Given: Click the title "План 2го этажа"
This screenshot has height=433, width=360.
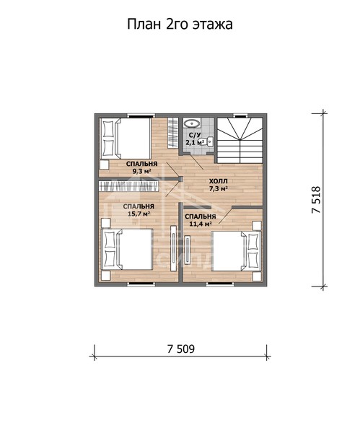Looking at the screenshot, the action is pos(180,25).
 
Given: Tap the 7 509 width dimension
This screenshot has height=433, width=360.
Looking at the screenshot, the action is pos(181,349).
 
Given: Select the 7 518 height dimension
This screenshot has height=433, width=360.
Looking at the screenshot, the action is pos(316,200).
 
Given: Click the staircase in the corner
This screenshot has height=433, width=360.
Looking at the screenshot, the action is pos(240,141).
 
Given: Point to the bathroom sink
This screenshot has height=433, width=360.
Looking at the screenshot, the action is pos(192,123).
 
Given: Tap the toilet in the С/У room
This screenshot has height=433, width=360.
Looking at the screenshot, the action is pos(209,141).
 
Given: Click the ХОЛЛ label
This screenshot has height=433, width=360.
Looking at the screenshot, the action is pos(218,181).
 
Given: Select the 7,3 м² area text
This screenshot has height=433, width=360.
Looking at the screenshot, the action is pos(218,189).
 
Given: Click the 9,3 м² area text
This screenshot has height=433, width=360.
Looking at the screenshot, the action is pos(142,171).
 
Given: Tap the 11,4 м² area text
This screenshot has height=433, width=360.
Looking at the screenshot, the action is pos(201,224).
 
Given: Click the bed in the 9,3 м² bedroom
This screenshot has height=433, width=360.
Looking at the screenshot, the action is pos(125,139).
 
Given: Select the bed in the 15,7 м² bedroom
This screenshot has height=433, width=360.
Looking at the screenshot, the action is pos(127,250).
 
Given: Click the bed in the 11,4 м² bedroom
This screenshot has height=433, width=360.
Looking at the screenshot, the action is pos(237,251).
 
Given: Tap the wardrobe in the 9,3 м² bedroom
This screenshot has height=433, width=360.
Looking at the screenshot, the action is pos(173,133).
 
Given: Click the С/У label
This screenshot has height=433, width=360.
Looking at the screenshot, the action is pos(195,135).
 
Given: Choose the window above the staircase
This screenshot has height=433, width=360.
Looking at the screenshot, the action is pos(240,115).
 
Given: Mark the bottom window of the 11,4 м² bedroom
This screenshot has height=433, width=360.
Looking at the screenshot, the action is pos(221,284).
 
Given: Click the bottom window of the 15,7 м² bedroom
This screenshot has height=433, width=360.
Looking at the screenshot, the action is pos(141,284).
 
